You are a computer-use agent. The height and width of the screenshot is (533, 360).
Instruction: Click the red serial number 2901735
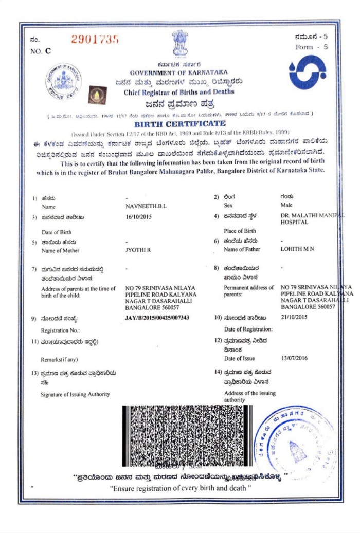point(95,39)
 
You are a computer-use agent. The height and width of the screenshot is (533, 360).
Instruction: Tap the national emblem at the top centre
point(179,43)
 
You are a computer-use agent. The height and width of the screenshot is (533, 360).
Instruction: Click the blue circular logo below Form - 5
point(307,72)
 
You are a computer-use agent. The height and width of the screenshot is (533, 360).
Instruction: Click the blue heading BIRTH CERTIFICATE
point(179,124)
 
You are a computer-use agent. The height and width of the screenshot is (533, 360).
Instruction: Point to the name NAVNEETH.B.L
point(146,206)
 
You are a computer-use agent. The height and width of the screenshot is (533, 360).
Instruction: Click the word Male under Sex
point(286,205)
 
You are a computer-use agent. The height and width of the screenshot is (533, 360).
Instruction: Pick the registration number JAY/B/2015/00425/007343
point(157,318)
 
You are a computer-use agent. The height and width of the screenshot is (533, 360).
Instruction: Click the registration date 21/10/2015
point(294,318)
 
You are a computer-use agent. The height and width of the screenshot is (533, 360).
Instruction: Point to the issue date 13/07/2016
point(294,358)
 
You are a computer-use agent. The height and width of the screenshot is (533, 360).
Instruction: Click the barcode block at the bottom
point(188,435)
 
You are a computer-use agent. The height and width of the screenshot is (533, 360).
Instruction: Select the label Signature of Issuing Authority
point(75,394)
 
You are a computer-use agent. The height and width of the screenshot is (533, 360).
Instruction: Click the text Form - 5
point(312,47)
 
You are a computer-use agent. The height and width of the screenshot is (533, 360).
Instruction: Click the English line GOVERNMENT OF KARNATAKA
point(179,72)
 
